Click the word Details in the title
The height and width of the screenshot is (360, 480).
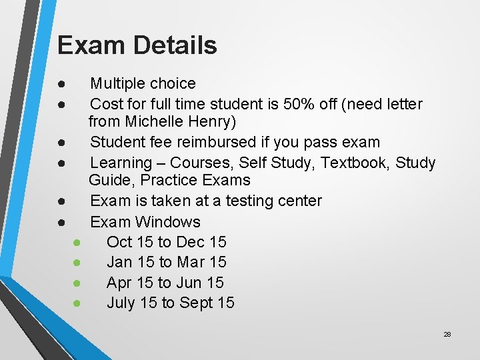click(175, 45)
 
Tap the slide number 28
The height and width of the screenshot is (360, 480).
click(447, 334)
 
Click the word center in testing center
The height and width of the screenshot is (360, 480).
click(297, 201)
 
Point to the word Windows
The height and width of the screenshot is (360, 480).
click(169, 222)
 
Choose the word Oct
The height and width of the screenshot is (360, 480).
click(119, 242)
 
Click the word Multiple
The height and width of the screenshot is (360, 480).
click(117, 84)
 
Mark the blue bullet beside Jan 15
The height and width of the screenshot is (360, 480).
click(77, 263)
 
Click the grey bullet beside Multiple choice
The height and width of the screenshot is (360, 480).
click(61, 84)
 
